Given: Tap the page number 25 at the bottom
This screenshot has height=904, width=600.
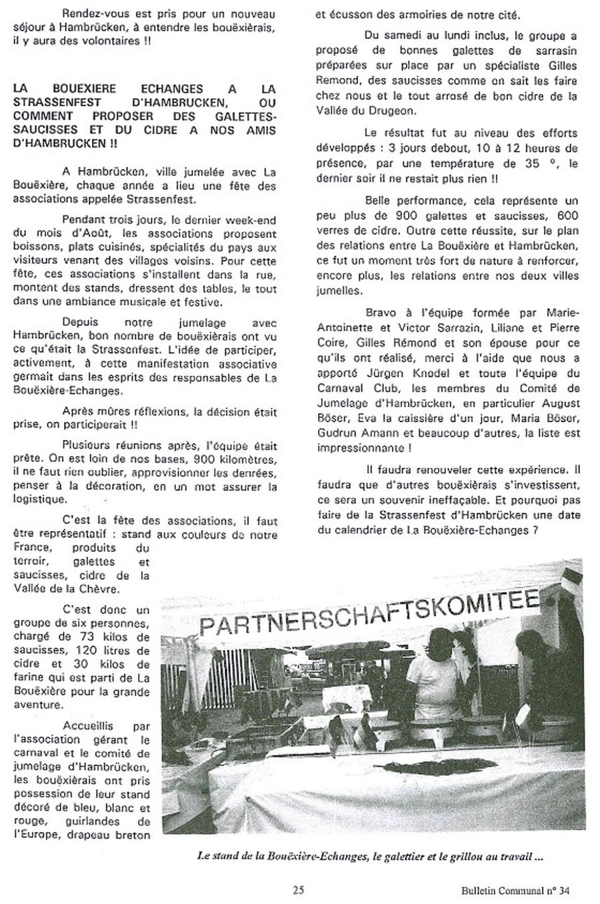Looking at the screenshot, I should pyautogui.click(x=297, y=889).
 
